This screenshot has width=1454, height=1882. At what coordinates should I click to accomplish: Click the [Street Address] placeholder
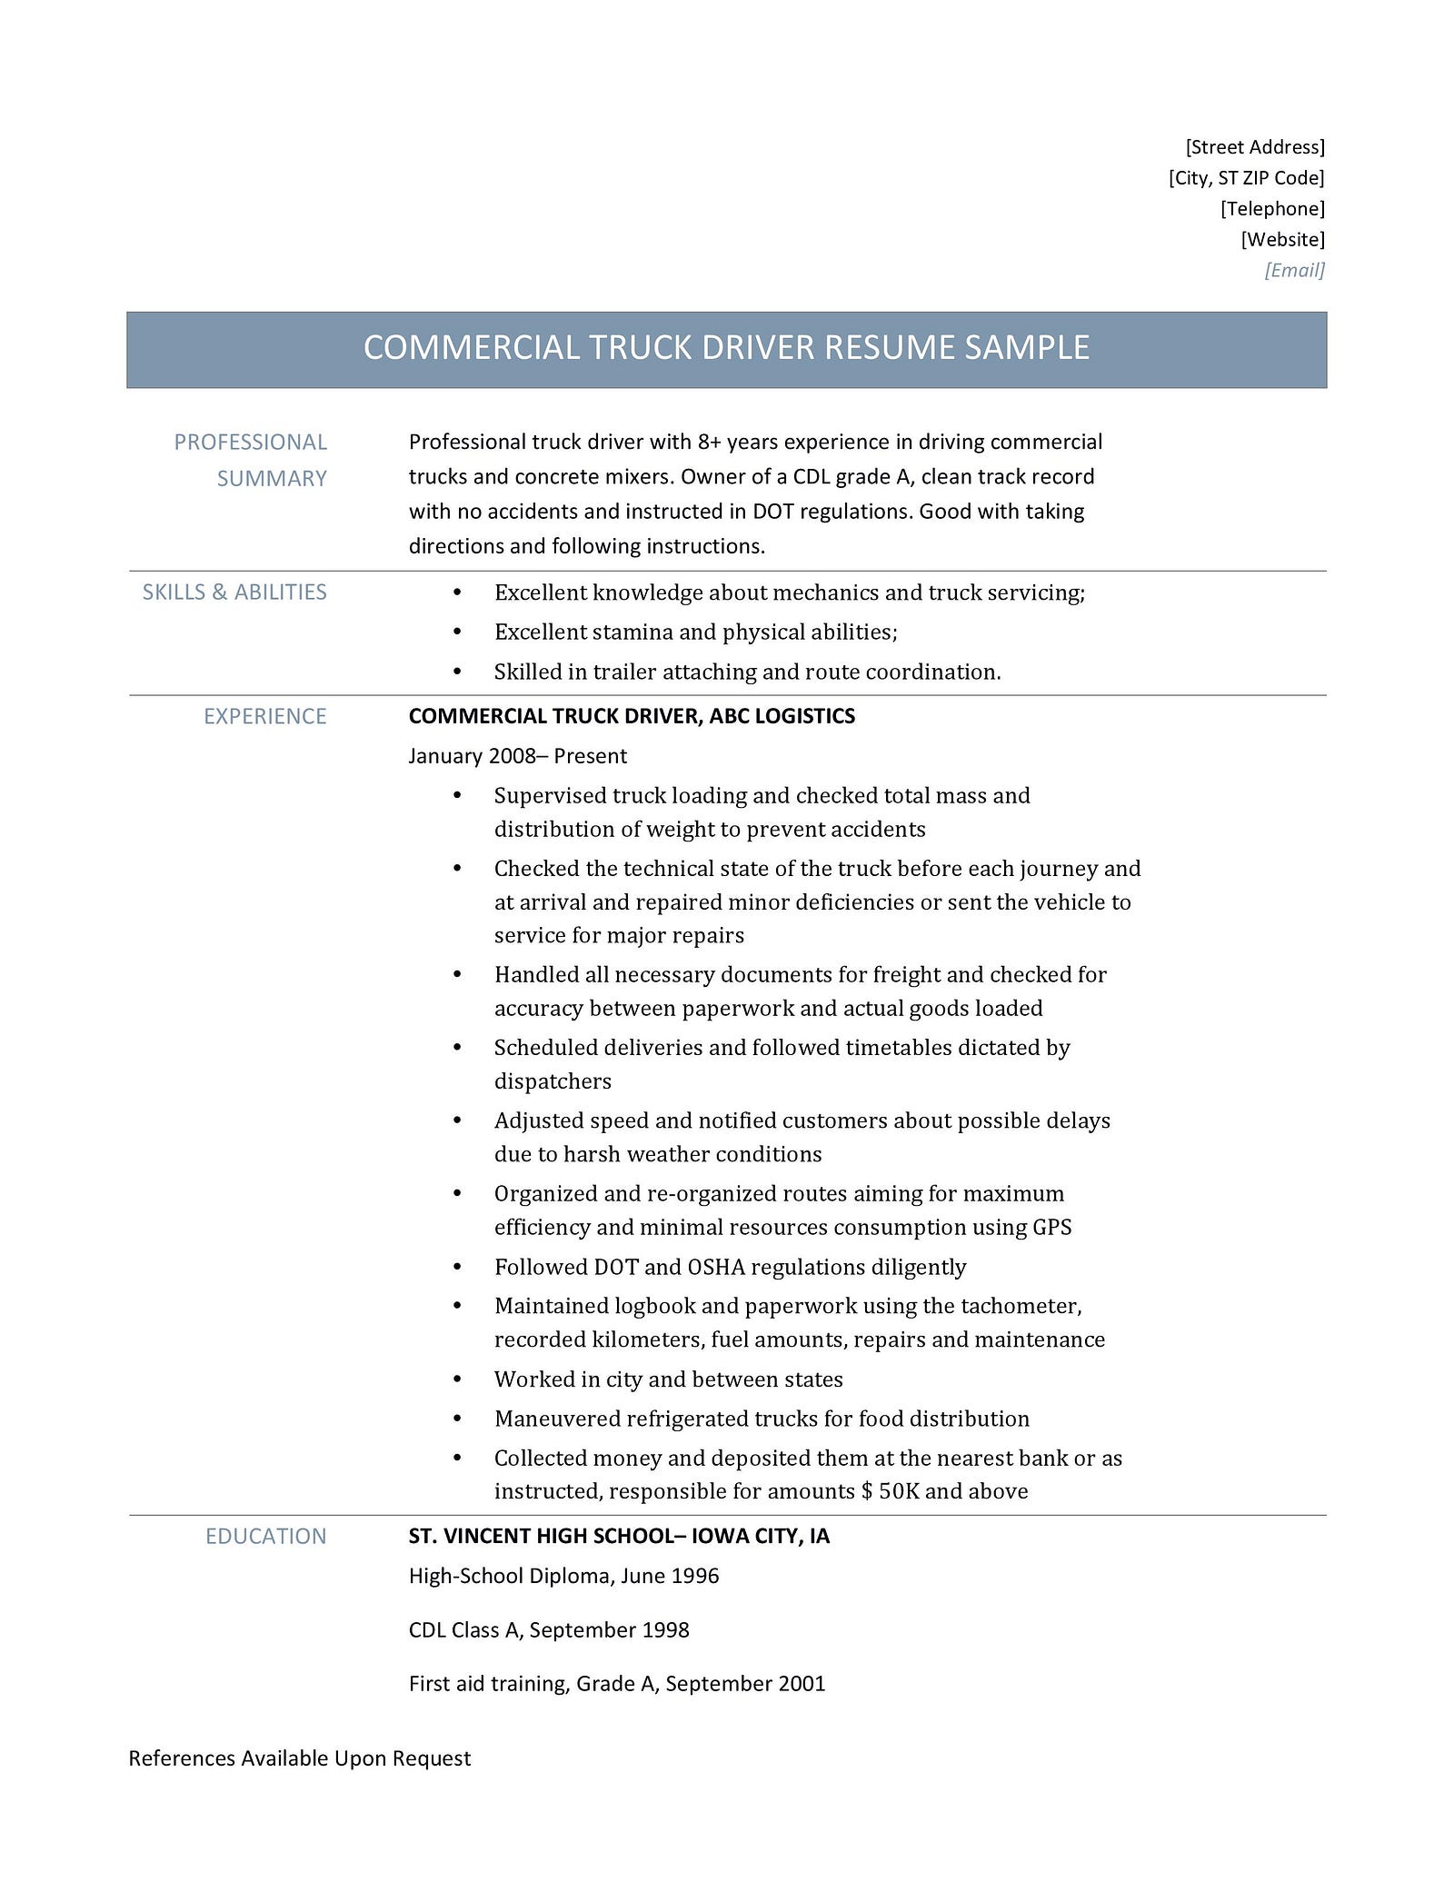point(1255,147)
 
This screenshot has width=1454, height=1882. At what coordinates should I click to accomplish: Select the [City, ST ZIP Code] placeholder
point(1246,178)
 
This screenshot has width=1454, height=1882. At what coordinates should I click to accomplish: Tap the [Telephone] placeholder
point(1272,209)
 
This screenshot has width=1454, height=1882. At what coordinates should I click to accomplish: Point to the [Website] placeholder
point(1282,240)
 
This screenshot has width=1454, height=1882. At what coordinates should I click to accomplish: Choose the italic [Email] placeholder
point(1294,270)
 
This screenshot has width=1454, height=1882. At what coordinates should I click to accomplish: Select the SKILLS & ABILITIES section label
point(234,592)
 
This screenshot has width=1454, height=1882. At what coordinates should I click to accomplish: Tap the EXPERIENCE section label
point(264,716)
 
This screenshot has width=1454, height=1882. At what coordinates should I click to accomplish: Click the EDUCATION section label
point(265,1536)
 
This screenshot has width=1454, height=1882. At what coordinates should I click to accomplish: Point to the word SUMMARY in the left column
point(271,479)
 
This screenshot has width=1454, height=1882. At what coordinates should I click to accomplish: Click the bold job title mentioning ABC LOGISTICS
point(632,716)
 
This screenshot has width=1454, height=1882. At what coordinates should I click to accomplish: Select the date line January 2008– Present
point(517,756)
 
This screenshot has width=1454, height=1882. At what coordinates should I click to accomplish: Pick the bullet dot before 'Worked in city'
point(457,1379)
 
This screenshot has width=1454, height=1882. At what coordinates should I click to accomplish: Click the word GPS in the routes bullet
point(1051,1228)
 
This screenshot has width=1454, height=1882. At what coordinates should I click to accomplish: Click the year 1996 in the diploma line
point(694,1576)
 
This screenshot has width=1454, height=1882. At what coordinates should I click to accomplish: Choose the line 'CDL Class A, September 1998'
point(549,1630)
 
